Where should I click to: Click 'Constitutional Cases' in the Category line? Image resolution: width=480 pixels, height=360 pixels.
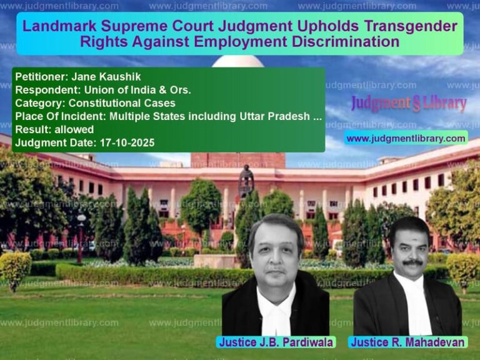[122, 103]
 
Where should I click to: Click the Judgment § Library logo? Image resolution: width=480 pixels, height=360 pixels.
[408, 103]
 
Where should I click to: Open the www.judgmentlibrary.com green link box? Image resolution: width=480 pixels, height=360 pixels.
[406, 138]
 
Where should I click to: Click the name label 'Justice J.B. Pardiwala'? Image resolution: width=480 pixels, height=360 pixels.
[276, 342]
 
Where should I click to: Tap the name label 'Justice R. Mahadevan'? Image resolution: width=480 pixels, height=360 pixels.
[407, 342]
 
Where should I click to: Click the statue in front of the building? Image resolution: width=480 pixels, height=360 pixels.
[246, 181]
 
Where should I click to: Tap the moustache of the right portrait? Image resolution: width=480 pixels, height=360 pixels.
[410, 263]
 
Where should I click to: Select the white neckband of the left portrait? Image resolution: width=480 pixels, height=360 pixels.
[276, 312]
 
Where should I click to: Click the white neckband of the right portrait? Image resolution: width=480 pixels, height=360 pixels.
[414, 306]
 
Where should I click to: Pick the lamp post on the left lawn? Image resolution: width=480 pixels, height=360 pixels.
[81, 237]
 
